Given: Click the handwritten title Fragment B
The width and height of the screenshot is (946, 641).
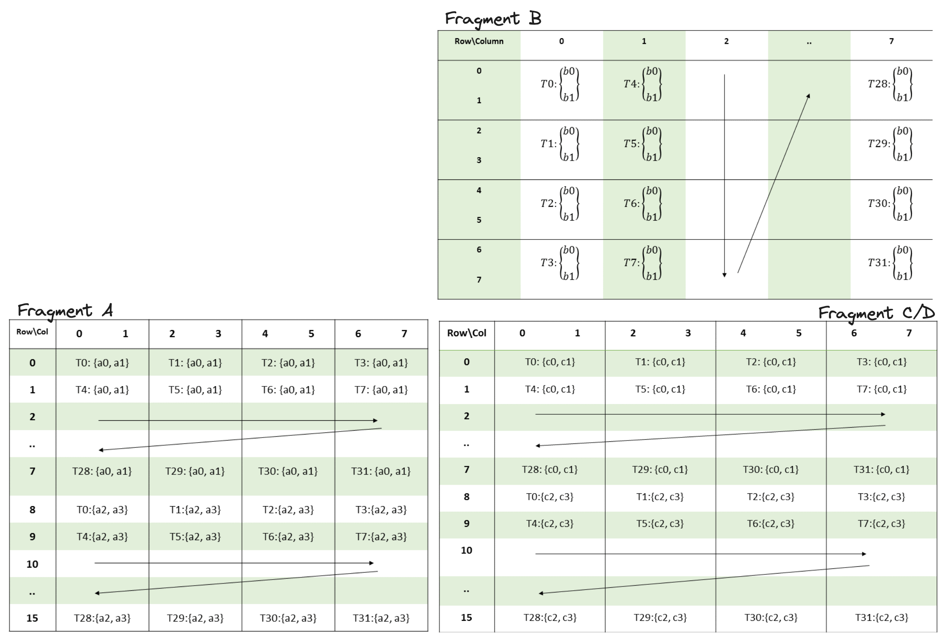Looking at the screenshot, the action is coord(493,19).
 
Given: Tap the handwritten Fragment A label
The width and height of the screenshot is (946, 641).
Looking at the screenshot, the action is coord(65,311).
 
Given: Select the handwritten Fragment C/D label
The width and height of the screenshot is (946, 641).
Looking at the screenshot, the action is coord(876,313).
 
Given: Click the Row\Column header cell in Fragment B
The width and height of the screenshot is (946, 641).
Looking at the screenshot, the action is coord(479,41).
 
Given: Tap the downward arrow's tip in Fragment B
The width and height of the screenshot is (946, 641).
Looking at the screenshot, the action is coord(725,277).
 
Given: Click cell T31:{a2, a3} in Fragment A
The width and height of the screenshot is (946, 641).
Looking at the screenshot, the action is coord(381,618).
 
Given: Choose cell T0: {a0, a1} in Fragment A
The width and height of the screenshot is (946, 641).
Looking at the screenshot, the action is coord(102,363).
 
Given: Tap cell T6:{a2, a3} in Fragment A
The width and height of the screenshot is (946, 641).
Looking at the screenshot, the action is coord(288,537).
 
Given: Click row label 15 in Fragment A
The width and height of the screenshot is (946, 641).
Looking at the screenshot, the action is coord(32,618).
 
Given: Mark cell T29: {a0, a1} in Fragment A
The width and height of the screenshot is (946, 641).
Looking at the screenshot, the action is coord(195,471).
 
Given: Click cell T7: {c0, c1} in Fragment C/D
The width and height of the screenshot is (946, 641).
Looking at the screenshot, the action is coord(882,389).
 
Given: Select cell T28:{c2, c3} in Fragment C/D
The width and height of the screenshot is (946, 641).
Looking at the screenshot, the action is coord(550,618).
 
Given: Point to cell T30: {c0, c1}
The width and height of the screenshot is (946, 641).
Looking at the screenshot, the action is coord(771,470).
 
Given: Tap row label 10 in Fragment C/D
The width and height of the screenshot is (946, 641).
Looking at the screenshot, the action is coord(467,550).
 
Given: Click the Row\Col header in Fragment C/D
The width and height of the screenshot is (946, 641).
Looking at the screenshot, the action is coord(467,333).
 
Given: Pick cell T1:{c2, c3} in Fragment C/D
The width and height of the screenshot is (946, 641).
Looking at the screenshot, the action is coord(660,497).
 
